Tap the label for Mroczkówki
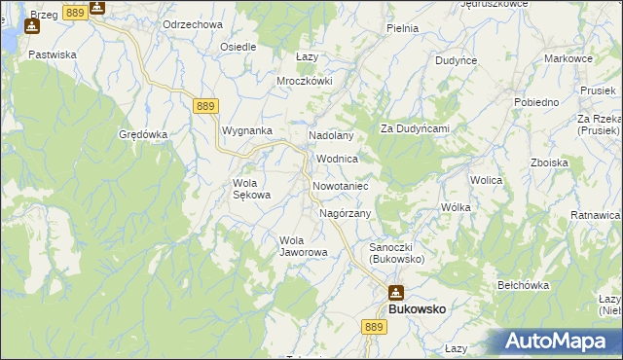(305, 81)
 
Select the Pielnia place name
(402, 28)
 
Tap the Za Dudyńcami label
(414, 128)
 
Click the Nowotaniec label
(339, 185)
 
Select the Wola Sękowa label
(251, 189)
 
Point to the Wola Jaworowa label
(304, 246)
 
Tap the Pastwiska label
(53, 55)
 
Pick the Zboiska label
(549, 162)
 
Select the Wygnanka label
(247, 129)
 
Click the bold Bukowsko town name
(418, 308)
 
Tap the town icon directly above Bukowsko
(396, 292)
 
